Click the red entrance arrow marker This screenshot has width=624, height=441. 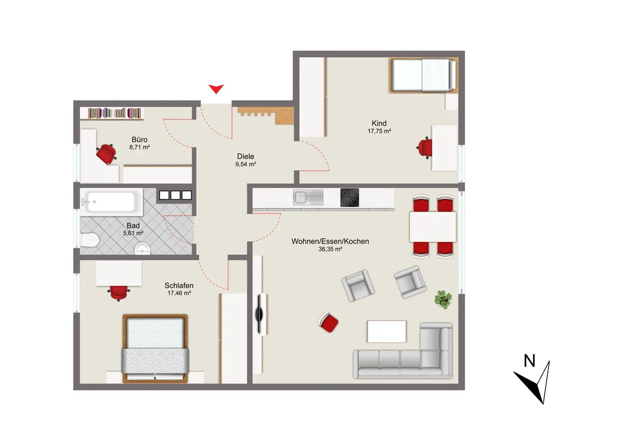(x=216, y=89)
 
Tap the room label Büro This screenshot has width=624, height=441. (x=139, y=139)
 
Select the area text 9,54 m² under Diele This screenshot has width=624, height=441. (x=245, y=164)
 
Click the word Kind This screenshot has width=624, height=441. (x=379, y=123)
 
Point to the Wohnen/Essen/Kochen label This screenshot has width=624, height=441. (x=330, y=241)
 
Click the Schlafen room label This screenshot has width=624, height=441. (x=179, y=286)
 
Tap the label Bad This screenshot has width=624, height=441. (x=133, y=226)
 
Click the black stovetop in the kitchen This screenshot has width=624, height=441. (x=350, y=198)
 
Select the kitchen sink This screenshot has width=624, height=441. (x=308, y=197)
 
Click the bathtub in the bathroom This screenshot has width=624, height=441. (x=112, y=202)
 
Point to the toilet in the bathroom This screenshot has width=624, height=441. (x=89, y=240)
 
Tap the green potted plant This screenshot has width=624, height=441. (x=443, y=300)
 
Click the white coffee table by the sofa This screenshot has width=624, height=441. (x=387, y=331)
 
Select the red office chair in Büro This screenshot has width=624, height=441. (x=106, y=154)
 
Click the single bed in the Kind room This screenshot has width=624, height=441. (x=424, y=75)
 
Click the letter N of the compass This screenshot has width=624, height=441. (x=529, y=361)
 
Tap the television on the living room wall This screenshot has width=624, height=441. (x=259, y=314)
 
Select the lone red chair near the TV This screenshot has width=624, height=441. (x=328, y=322)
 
